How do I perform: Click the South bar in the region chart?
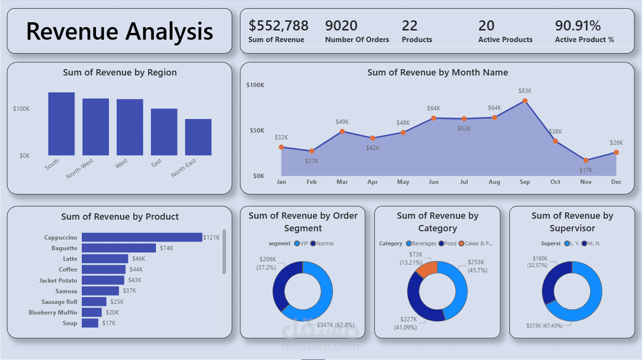coord(61,124)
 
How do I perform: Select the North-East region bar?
coord(198,137)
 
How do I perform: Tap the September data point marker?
coord(525,101)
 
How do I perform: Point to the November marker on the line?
coord(586,160)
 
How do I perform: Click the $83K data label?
coord(525,90)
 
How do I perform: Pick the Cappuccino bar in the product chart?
coord(141,237)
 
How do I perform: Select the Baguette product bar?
coord(119,248)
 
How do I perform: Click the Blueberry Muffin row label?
coord(53,313)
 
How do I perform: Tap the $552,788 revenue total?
coord(278,26)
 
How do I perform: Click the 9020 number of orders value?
coord(341,26)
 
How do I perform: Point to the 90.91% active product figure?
coord(578,26)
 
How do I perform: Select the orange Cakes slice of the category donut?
coord(427,269)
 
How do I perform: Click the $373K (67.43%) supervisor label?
coord(545,326)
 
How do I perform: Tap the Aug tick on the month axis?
coord(494,182)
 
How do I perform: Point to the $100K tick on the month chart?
coord(255,85)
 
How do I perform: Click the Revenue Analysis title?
coord(120,31)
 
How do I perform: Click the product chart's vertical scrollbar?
coord(224,252)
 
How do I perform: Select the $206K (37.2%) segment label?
coord(267,263)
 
